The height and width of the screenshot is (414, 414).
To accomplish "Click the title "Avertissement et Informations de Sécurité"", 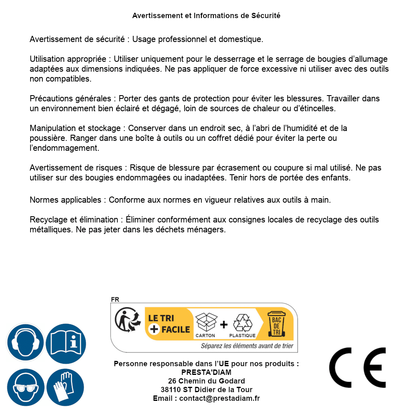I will pyautogui.click(x=206, y=16).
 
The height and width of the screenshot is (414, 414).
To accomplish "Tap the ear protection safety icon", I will pyautogui.click(x=25, y=342).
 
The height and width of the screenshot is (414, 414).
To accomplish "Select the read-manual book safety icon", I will pyautogui.click(x=65, y=342).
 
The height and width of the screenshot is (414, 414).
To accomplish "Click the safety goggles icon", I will pyautogui.click(x=25, y=387).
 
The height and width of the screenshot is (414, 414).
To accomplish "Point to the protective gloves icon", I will pyautogui.click(x=65, y=387).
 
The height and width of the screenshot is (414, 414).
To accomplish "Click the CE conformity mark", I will pyautogui.click(x=358, y=367).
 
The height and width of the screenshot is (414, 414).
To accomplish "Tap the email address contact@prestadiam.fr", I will pyautogui.click(x=220, y=398).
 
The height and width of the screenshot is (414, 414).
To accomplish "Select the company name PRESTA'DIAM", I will pyautogui.click(x=206, y=372).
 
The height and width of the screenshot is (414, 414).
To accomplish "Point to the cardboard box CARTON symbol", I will pyautogui.click(x=206, y=324).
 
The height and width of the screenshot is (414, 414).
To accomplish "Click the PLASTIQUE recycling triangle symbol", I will pyautogui.click(x=242, y=324).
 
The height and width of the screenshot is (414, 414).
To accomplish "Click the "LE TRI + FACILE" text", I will pyautogui.click(x=169, y=324).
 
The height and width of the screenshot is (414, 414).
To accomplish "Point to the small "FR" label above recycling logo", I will pyautogui.click(x=115, y=299).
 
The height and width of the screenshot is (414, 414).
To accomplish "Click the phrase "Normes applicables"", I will pyautogui.click(x=65, y=200).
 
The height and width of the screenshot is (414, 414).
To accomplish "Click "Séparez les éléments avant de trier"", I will pyautogui.click(x=247, y=346).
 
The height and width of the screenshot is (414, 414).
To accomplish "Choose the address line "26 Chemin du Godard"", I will pyautogui.click(x=206, y=381).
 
